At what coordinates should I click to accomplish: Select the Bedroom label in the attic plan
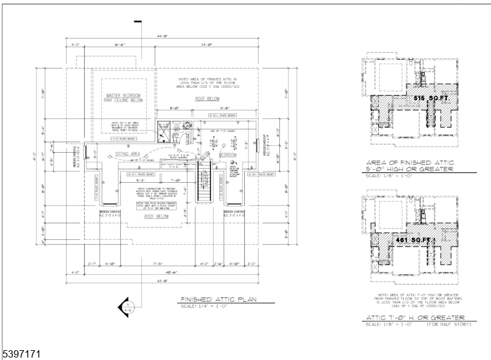coord(228,155)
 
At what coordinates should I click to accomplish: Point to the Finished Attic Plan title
coord(218,300)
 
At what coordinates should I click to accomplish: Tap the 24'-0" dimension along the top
coord(205,45)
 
